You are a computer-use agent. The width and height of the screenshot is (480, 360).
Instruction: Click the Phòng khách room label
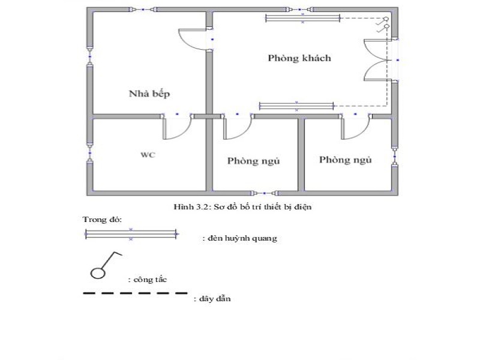(x=299, y=58)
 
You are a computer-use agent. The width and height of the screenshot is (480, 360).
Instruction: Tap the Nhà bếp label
(x=149, y=94)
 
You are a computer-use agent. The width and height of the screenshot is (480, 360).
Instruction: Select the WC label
(x=148, y=155)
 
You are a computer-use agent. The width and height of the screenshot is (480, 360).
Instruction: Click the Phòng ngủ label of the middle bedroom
(x=253, y=161)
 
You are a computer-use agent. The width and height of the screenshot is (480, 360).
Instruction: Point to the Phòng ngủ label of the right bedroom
(x=346, y=160)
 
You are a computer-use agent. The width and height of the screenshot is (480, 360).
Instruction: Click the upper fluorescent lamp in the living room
(x=303, y=19)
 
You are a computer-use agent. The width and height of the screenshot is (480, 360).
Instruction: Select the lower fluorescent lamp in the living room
(x=296, y=106)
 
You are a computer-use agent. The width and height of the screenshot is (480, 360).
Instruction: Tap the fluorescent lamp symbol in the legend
(x=131, y=234)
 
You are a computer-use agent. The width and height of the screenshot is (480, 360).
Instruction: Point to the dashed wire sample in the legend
(x=135, y=293)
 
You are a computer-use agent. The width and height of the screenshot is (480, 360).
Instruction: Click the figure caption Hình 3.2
(x=242, y=207)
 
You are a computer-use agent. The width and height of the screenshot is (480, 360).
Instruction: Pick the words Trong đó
(x=102, y=220)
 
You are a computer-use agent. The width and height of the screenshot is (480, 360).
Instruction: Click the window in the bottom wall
(x=265, y=193)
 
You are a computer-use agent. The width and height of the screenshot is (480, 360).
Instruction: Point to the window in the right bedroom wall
(x=395, y=157)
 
